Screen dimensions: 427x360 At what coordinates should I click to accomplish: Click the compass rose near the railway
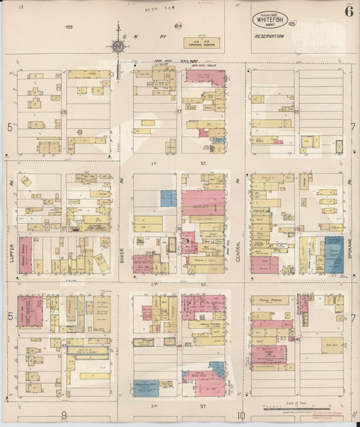coord(118,46)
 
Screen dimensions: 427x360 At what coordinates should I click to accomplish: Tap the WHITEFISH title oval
coord(271,19)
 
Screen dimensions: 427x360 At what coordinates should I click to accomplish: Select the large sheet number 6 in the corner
coord(349,11)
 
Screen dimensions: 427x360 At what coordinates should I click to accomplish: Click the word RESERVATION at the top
coord(268,36)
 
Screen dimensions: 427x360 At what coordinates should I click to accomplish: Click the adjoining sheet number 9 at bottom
coord(63,415)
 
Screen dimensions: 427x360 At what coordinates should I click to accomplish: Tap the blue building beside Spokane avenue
coord(334,255)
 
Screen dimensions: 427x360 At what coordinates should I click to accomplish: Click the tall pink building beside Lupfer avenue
coord(25,255)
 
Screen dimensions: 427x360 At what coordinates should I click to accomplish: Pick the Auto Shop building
coord(332,344)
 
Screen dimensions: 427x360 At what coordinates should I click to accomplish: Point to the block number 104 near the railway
coord(177,27)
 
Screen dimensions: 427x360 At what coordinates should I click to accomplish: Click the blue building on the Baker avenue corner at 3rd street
coord(145,388)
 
